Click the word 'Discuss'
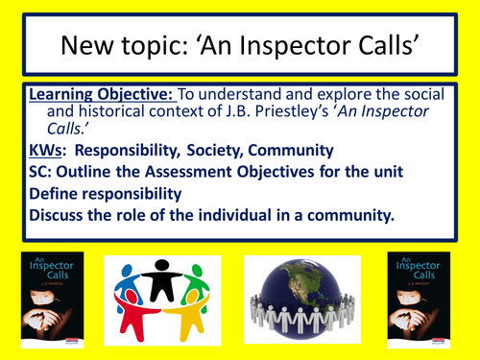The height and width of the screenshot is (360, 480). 63,216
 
